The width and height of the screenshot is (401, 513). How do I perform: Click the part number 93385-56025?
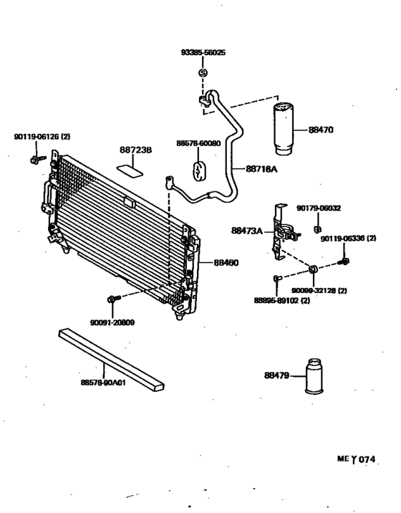(202, 53)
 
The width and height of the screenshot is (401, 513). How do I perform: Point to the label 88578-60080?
(198, 143)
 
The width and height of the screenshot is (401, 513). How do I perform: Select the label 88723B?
(135, 151)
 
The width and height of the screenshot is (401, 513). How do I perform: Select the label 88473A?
(247, 231)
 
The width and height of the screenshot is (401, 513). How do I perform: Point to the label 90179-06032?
(319, 208)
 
